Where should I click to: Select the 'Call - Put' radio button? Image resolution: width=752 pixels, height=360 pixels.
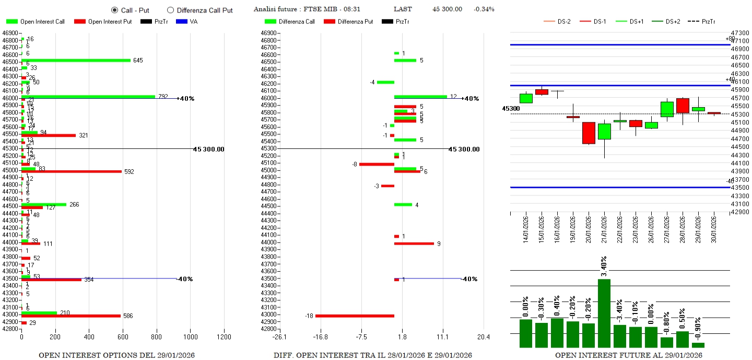[114, 10]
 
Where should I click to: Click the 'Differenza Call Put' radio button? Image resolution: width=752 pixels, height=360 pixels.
[170, 10]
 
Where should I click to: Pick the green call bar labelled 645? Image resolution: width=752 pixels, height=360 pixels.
[76, 60]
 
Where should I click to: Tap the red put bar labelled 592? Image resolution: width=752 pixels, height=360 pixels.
[72, 171]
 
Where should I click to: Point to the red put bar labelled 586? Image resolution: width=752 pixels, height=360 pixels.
[71, 316]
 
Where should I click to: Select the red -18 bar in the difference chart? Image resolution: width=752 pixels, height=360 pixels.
[355, 316]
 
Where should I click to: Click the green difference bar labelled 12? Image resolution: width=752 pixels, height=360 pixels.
[420, 96]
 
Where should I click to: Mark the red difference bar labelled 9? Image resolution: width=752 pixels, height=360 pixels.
[414, 243]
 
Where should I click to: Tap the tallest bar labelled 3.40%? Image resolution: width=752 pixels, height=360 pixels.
[604, 313]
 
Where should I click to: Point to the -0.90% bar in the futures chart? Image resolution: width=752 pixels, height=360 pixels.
[698, 345]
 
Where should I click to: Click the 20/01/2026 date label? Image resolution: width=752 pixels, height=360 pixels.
[589, 228]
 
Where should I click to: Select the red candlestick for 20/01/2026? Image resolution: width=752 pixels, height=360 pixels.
[589, 133]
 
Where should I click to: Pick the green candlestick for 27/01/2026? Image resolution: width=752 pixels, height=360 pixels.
[667, 109]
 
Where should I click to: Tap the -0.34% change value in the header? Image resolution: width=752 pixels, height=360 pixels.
[484, 9]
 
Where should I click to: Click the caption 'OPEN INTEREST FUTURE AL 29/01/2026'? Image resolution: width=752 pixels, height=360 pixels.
[628, 355]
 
